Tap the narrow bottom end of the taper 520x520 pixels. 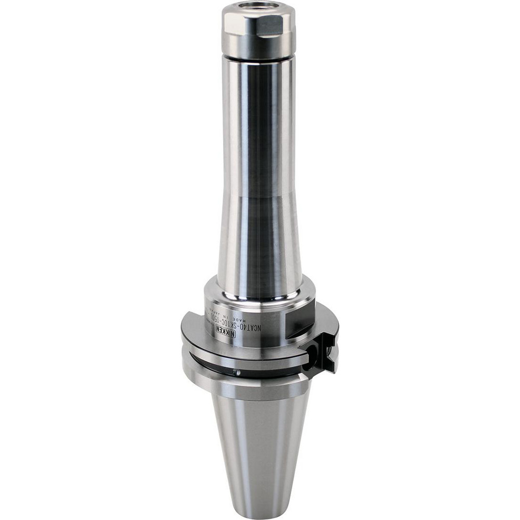click(258, 512)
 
